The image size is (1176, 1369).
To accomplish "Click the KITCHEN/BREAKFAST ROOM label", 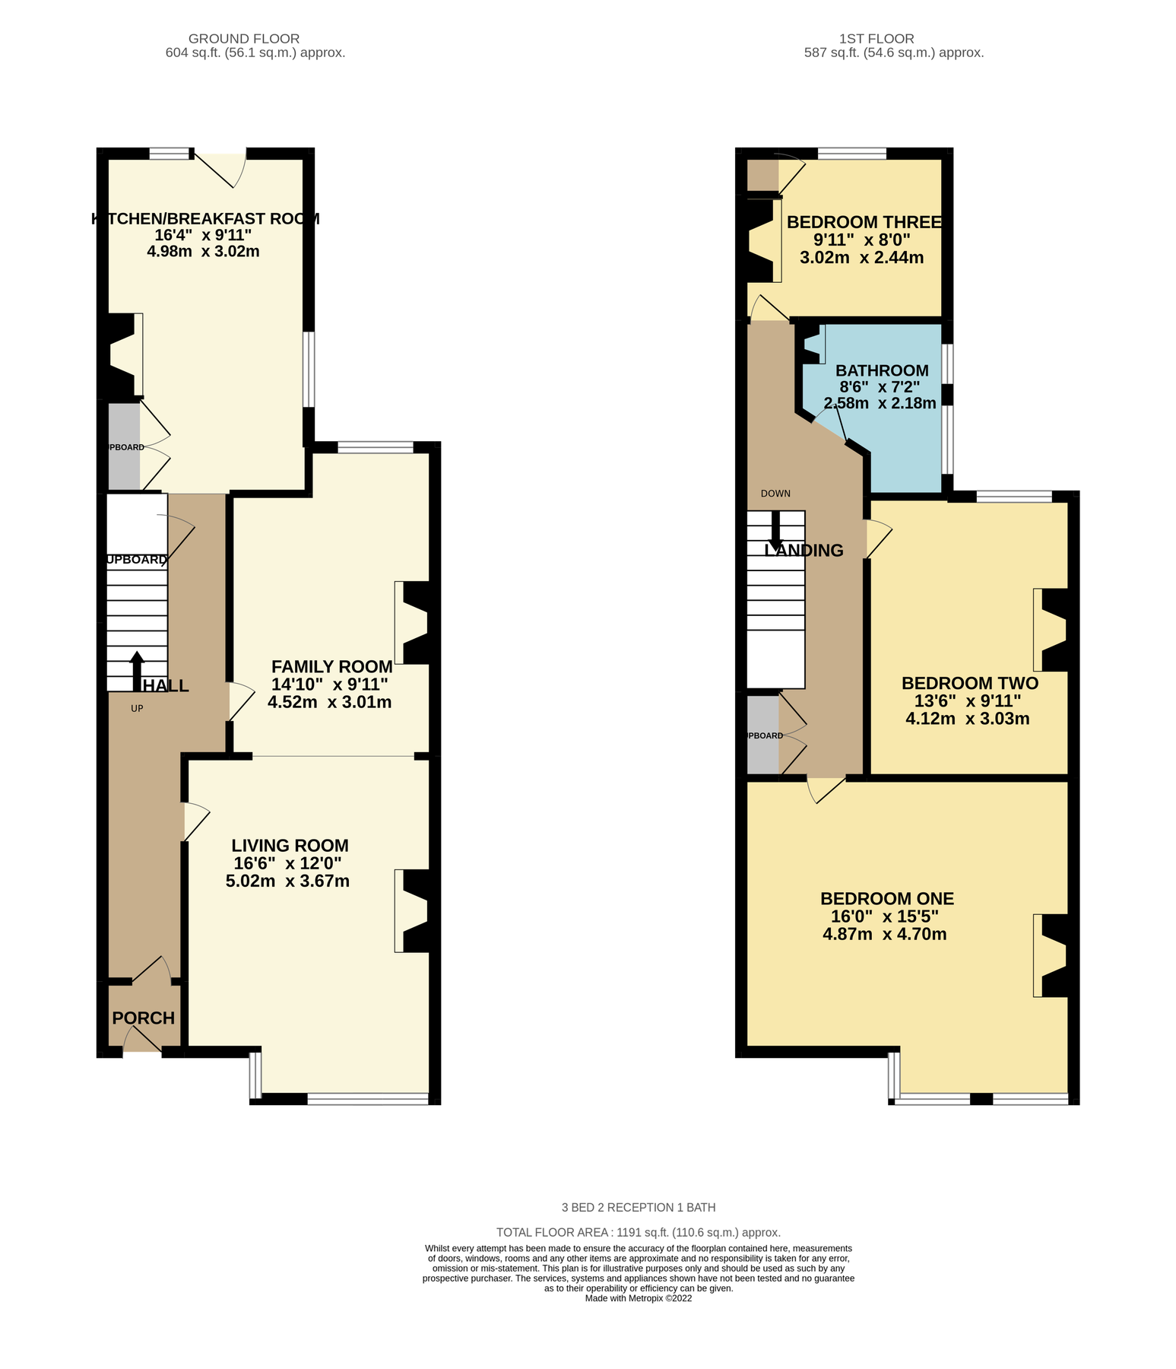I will point(205,219).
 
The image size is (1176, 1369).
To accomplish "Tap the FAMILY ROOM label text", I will point(332,667).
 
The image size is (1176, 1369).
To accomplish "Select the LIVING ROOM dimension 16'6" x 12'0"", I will point(287,863).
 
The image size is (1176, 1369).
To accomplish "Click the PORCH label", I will point(144,1018).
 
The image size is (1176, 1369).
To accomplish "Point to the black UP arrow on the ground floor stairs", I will point(138,669).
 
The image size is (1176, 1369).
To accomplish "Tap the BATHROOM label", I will point(882,370).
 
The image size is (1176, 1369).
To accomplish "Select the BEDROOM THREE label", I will point(864,222).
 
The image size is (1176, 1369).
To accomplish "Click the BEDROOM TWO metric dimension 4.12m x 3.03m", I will point(968,719).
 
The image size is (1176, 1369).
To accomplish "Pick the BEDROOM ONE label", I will point(887,898).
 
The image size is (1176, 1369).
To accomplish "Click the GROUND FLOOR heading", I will point(244,39).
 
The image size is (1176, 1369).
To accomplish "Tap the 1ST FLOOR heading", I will point(876,39).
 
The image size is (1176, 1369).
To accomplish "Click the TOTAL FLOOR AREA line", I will point(639,1232).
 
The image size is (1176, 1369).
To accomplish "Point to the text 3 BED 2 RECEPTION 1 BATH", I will point(639,1207).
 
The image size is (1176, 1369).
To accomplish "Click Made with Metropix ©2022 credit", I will point(639,1298).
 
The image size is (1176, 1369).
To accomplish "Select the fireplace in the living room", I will point(414,911).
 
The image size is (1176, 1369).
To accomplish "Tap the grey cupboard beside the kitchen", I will point(124,446).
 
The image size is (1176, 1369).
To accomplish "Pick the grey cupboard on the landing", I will point(763,735).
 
